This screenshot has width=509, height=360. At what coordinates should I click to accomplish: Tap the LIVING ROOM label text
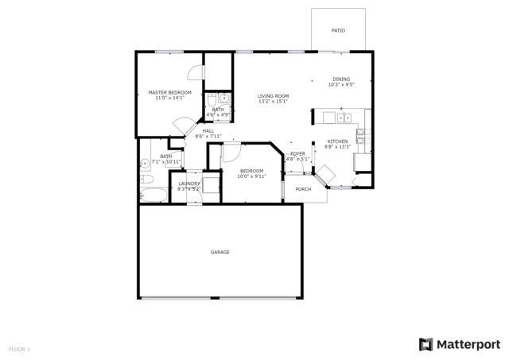pyautogui.click(x=272, y=96)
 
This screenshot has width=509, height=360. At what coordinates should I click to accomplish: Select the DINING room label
pyautogui.click(x=340, y=79)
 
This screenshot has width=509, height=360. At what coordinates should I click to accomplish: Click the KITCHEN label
pyautogui.click(x=337, y=141)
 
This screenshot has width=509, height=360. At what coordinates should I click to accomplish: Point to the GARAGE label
pyautogui.click(x=220, y=252)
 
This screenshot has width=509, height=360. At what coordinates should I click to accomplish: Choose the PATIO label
pyautogui.click(x=338, y=30)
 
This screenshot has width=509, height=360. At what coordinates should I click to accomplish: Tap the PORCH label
pyautogui.click(x=303, y=189)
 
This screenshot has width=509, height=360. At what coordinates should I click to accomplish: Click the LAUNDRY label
pyautogui.click(x=189, y=184)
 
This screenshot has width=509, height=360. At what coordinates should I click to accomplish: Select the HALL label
pyautogui.click(x=208, y=131)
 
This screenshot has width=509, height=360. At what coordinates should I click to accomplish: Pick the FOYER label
pyautogui.click(x=297, y=153)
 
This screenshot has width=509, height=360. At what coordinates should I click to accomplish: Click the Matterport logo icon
pyautogui.click(x=426, y=344)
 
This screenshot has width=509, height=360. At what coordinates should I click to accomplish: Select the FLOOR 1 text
pyautogui.click(x=19, y=349)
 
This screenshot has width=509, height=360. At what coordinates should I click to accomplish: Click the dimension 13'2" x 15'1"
pyautogui.click(x=272, y=102)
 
